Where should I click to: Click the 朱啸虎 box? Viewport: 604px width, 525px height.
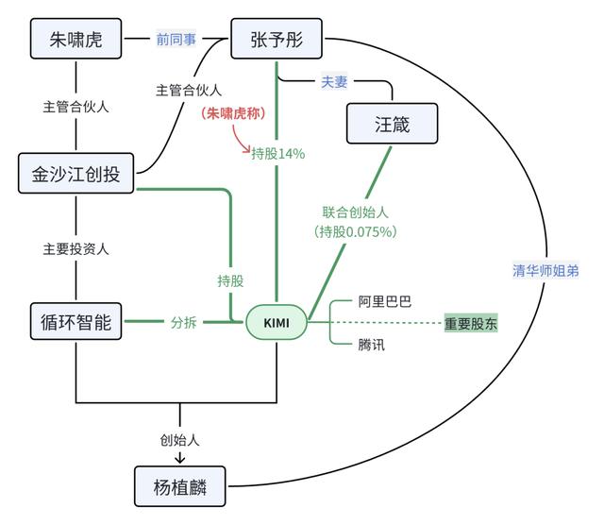tap(75, 41)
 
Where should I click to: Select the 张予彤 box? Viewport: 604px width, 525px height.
tap(277, 41)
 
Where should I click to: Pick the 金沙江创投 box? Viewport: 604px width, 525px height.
tap(76, 174)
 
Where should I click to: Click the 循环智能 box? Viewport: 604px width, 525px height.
tap(76, 322)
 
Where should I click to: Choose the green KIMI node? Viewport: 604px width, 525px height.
tap(276, 323)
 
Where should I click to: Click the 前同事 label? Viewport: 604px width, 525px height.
tap(176, 40)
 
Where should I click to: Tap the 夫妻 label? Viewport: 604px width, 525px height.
tap(335, 81)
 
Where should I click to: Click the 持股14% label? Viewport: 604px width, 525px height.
tap(277, 154)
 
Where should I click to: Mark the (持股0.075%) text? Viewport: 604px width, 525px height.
tap(355, 231)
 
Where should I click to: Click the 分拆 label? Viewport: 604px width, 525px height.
tap(183, 322)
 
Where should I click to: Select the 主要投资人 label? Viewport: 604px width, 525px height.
tap(75, 249)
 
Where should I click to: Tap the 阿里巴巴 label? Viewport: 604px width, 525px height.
tap(384, 302)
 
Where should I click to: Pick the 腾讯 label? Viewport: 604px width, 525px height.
tap(372, 345)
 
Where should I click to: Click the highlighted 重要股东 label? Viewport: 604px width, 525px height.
tap(471, 323)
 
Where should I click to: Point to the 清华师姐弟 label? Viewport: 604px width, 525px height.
tap(545, 271)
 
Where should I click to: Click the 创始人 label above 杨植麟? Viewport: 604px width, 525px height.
tap(179, 440)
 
